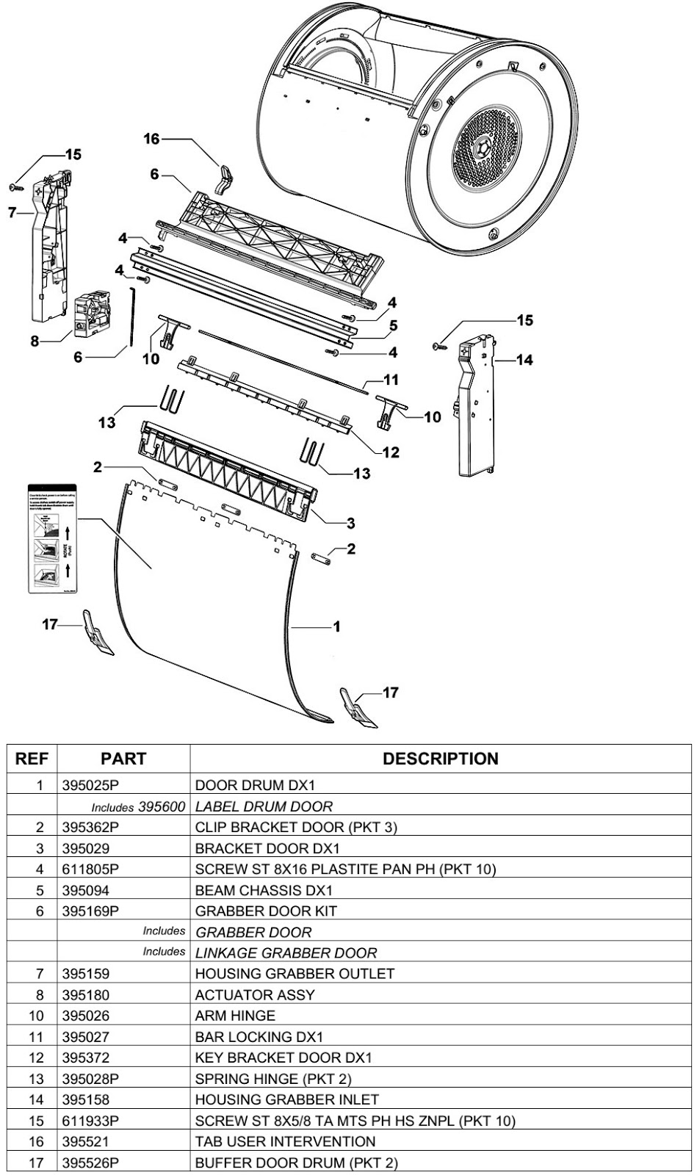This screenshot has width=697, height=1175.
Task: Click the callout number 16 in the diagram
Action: click(151, 139)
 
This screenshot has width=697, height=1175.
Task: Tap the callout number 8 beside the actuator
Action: click(35, 342)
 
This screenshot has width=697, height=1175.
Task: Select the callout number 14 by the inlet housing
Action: click(524, 360)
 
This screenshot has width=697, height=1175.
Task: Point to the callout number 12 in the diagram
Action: click(391, 452)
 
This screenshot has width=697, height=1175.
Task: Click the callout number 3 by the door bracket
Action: click(351, 523)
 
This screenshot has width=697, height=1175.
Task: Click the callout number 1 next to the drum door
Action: click(336, 626)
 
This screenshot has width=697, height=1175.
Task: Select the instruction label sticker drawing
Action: click(51, 538)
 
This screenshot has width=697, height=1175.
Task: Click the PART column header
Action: click(123, 759)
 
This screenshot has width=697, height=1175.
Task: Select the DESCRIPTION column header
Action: click(440, 759)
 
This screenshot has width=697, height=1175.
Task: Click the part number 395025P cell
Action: click(91, 785)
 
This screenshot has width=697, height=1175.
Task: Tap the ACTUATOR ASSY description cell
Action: click(255, 995)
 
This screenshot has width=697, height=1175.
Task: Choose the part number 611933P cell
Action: click(91, 1121)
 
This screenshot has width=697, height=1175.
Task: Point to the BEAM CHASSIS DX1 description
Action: click(264, 890)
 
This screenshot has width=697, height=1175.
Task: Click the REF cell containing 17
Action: click(40, 1163)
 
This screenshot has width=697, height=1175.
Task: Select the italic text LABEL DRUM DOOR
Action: click(264, 806)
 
